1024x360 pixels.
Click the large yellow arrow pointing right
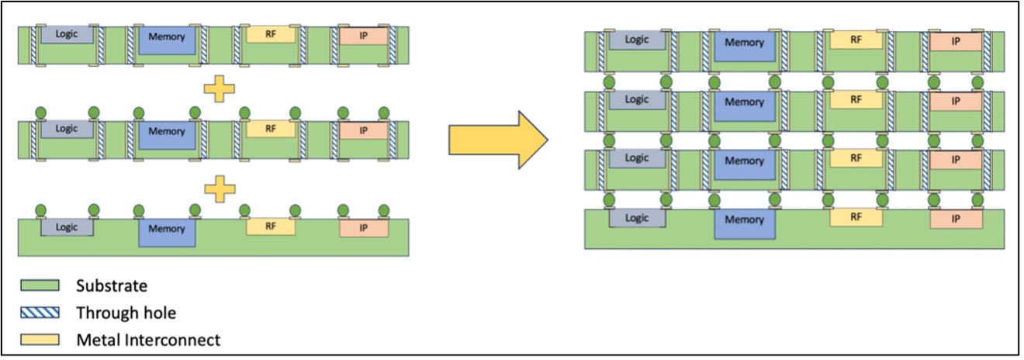click(496, 140)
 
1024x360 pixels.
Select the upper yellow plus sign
click(219, 89)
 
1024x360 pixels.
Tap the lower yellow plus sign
click(219, 188)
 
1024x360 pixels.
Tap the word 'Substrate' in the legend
click(112, 286)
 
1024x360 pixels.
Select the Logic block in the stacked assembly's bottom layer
click(637, 218)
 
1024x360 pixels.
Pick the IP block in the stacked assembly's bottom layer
click(956, 220)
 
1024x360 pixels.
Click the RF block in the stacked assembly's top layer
click(856, 40)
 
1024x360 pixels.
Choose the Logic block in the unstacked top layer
click(67, 35)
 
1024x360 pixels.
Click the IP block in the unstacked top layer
click(363, 36)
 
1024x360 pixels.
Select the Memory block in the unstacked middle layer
click(167, 133)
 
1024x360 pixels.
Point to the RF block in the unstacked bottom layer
click(271, 227)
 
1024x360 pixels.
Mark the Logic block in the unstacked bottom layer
click(67, 227)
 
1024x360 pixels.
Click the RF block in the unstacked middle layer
click(271, 130)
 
